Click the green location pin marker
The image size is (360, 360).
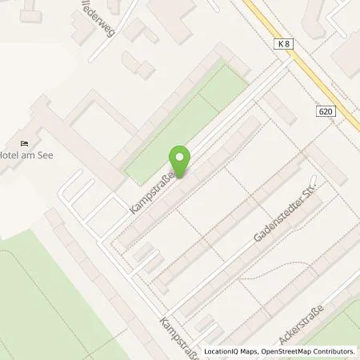(x=180, y=160)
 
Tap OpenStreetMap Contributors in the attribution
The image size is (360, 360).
(x=308, y=351)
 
